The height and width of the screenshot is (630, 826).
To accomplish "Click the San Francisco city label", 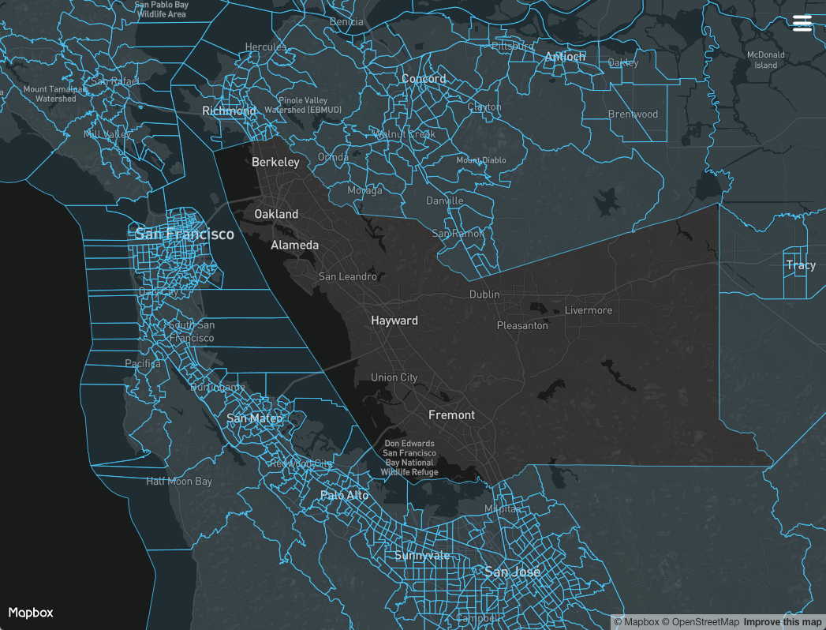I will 185,234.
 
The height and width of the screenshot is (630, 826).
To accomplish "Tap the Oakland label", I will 276,214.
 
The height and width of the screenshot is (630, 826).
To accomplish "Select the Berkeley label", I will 275,162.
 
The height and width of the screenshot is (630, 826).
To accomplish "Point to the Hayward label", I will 394,321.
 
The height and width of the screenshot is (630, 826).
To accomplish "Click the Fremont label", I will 451,414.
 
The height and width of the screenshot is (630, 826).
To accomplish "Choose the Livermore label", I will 589,310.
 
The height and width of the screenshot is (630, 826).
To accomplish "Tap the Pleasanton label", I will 522,325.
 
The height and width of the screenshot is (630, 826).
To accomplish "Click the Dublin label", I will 484,294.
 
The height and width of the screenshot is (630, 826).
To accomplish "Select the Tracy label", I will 801,265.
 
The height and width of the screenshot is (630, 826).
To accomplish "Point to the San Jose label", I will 513,572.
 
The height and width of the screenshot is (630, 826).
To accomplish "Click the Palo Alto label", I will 345,495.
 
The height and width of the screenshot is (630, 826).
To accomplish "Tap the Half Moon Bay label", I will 179,481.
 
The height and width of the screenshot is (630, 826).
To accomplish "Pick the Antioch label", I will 565,56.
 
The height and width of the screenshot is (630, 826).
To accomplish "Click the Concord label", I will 424,79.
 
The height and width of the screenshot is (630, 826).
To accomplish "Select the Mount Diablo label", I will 481,160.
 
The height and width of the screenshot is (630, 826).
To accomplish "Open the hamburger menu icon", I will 802,24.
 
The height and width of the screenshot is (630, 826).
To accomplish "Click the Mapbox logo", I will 31,613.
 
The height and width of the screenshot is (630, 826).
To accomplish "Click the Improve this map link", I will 783,622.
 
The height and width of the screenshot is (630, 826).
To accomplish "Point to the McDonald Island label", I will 766,60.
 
